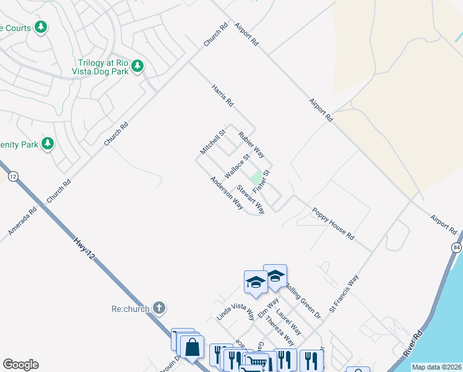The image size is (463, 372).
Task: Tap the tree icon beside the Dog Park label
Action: point(137,66)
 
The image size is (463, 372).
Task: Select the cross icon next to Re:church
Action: point(159,308)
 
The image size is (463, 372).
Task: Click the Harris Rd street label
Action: point(222,94)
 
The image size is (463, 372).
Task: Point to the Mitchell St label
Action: point(212,143)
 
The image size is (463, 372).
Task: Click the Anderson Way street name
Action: point(226,193)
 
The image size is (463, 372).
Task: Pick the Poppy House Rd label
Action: point(332,224)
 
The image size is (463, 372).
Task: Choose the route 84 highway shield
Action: point(457,247)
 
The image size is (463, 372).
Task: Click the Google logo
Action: point(20,365)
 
